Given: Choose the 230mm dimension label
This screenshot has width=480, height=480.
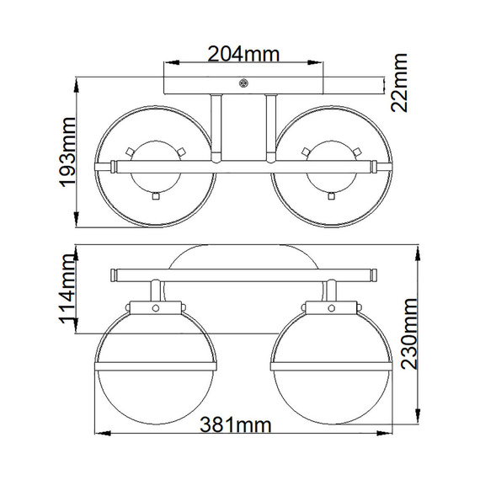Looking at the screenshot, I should (405, 339).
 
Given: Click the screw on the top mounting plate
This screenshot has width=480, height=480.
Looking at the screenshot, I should (244, 83).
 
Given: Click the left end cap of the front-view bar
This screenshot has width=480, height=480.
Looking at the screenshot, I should (113, 274).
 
